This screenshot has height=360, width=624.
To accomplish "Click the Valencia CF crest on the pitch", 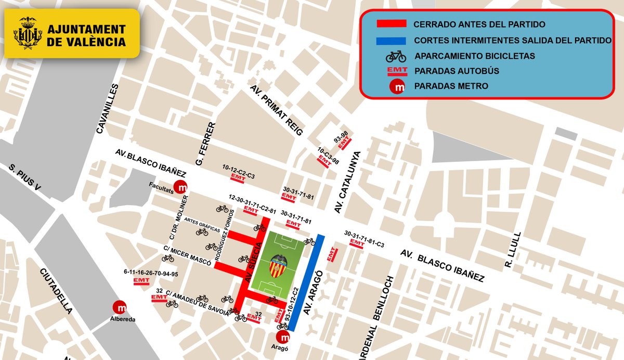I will point(278,265).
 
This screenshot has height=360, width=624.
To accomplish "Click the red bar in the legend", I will point(391,24).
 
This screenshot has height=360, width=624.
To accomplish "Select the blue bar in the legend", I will point(391,40).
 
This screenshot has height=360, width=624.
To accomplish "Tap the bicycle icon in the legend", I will point(396,56).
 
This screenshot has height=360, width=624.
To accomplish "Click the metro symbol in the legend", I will point(398,86).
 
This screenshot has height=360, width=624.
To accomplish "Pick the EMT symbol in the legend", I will point(396,71).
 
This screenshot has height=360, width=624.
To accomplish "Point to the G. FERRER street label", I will point(204,144).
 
